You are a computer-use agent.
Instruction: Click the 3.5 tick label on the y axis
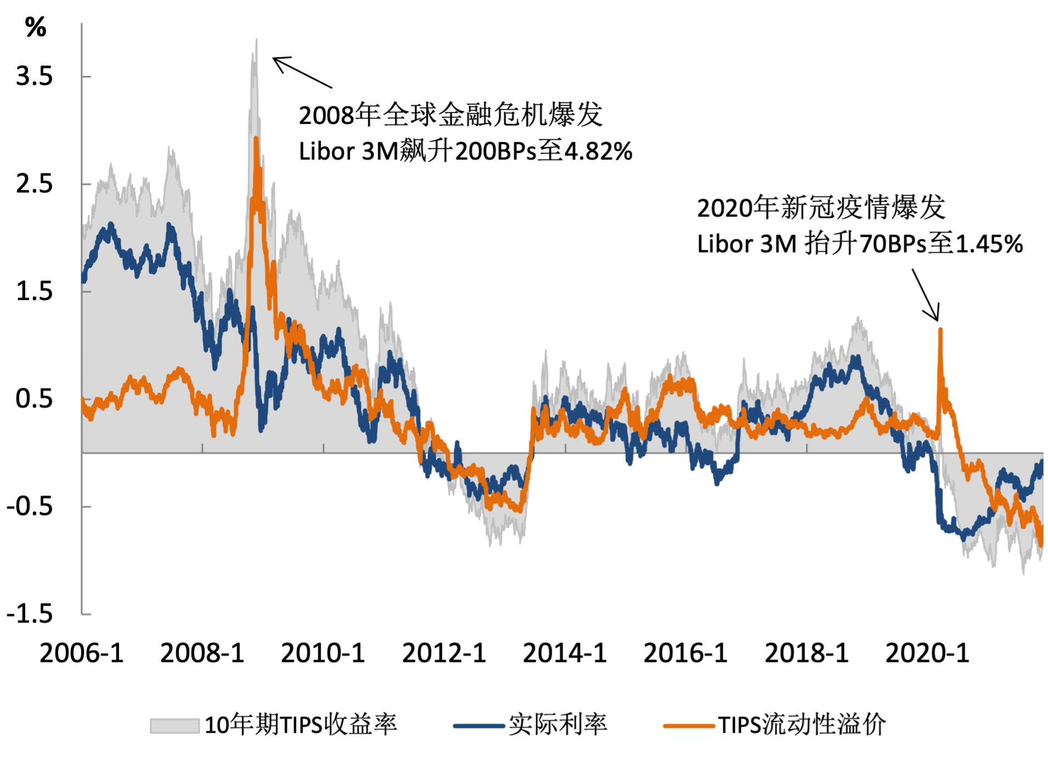tap(34, 76)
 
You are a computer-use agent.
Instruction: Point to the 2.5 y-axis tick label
tap(34, 184)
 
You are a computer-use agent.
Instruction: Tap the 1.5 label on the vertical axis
tap(34, 291)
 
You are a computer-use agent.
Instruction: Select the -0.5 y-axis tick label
tap(30, 506)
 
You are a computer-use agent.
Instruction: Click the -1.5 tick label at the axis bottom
tap(30, 614)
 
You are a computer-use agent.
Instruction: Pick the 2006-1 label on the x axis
tap(82, 653)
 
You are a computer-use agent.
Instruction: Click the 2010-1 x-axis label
tap(323, 653)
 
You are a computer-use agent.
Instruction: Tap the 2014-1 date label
tap(565, 653)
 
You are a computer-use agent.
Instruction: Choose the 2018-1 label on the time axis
tap(807, 653)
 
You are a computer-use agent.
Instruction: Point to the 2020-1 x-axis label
tap(927, 653)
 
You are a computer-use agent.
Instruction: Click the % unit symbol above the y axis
tap(36, 27)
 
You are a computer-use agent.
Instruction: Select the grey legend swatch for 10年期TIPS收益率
tap(174, 726)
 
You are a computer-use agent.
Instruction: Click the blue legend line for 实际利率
tap(479, 726)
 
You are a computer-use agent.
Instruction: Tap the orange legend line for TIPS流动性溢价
tap(689, 726)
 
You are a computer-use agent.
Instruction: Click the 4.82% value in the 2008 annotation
tap(598, 151)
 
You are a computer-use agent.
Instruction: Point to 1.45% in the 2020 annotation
tap(989, 244)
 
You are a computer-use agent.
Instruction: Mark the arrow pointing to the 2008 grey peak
tap(302, 72)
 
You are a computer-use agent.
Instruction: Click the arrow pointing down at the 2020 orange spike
tap(926, 294)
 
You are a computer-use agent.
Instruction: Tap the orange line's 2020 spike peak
tap(941, 330)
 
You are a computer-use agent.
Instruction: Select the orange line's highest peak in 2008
tap(256, 139)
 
